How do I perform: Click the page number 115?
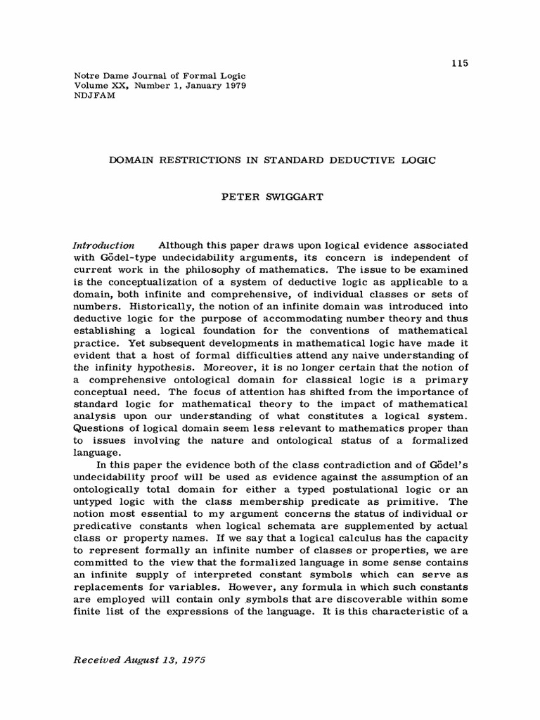[x=460, y=64]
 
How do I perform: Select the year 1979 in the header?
[x=233, y=85]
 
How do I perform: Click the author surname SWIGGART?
[x=290, y=197]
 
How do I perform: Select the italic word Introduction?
[x=104, y=245]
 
